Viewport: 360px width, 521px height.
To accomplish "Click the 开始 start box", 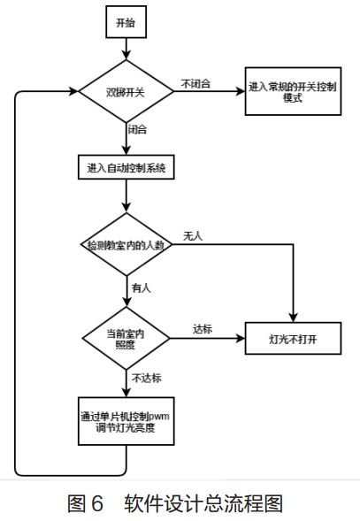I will point(126,24).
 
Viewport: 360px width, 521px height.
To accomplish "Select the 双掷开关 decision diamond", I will point(126,92).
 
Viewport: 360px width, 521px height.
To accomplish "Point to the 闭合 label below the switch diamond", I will point(138,130).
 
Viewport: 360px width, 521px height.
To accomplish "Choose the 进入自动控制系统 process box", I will point(126,166).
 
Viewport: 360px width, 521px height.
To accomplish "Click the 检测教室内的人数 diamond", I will point(126,243).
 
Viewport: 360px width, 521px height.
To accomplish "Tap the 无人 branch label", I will point(193,236).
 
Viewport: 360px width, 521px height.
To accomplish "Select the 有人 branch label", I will point(141,288).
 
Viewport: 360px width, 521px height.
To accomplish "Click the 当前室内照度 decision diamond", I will point(126,337).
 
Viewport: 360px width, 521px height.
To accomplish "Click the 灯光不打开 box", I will point(292,338).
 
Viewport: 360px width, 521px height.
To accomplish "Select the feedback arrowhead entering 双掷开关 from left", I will point(74,92).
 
